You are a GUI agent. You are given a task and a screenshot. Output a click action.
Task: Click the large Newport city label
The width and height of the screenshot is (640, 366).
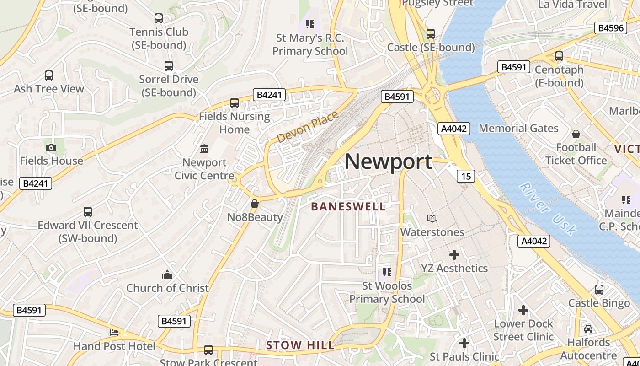coord(388,161)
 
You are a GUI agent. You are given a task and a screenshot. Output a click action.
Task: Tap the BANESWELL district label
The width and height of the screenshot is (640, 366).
coord(348,206)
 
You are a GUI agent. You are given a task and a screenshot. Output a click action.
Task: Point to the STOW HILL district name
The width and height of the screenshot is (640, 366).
coord(300,345)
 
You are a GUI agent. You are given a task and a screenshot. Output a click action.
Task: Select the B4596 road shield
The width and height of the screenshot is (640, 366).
coord(611,28)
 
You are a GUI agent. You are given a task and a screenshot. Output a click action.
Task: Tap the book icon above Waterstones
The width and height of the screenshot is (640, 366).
coord(432,219)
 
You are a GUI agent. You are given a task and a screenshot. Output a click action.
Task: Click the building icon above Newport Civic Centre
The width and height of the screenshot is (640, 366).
coord(204,149)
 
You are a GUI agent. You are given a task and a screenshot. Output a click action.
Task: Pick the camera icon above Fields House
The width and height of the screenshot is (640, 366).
coord(51,147)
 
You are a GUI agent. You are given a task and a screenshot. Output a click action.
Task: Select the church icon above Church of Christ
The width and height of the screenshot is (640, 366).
coord(167,274)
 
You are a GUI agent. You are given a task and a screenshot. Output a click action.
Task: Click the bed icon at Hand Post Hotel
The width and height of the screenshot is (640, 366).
coord(114,333)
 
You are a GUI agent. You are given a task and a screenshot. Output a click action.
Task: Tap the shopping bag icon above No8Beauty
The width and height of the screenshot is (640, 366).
coord(255,204)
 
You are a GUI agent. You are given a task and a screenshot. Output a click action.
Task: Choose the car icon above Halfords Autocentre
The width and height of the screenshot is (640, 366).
coord(588,329)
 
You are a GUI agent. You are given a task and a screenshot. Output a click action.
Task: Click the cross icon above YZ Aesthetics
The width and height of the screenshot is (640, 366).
coord(454,255)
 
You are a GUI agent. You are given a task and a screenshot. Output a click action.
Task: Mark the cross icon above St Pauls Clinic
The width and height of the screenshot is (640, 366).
coord(464,343)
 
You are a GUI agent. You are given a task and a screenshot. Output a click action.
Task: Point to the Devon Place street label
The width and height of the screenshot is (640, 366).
coord(308,126)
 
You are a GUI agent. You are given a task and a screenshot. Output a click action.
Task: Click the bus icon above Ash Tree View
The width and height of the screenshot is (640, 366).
coord(49,75)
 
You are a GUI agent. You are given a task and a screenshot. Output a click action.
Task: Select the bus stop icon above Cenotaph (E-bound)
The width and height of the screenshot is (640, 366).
coord(559,56)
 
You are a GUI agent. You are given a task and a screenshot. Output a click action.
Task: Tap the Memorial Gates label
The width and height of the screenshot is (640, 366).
coord(518,128)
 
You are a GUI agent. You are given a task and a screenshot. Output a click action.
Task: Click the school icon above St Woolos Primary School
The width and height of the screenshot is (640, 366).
coord(387,273)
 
